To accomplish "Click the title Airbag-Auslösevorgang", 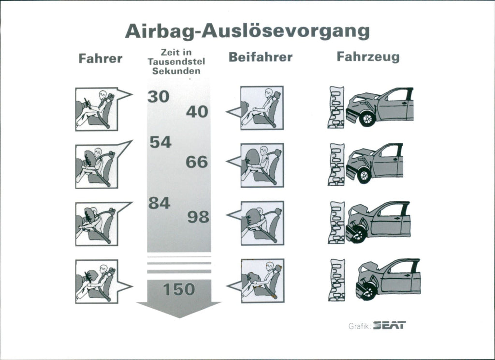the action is tap(247, 31).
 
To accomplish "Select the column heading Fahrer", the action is tap(101, 59).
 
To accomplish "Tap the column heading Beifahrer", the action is tap(261, 57).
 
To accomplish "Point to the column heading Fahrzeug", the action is tap(368, 57).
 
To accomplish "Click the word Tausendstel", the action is tap(176, 61).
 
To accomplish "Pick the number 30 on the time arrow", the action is tap(159, 96).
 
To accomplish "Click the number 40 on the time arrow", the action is tap(197, 112).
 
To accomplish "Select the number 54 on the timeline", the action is tap(160, 142).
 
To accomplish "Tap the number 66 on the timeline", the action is tap(197, 162).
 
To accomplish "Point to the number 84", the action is tap(160, 203).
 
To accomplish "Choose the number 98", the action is tap(198, 217).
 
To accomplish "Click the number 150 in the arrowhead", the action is tap(179, 289).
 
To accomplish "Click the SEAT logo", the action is tap(390, 325).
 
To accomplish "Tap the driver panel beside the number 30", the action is tap(97, 109).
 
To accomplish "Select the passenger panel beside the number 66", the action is tap(262, 165).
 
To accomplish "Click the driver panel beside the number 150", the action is tap(97, 282).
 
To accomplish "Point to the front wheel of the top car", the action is tap(367, 119).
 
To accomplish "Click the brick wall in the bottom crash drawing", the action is tap(336, 280).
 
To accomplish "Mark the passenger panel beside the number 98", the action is tap(262, 223).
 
